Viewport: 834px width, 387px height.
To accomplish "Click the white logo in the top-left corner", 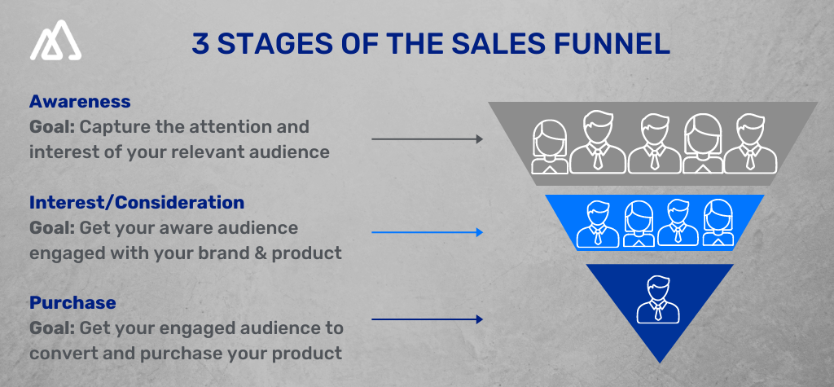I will point(56,44).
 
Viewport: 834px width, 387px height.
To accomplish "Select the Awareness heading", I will point(80,102).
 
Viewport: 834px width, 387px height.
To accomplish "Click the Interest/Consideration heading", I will point(136,202).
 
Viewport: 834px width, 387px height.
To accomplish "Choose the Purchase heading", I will point(72,302).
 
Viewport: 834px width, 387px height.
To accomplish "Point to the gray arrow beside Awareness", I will point(427,139).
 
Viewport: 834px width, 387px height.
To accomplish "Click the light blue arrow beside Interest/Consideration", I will point(427,233).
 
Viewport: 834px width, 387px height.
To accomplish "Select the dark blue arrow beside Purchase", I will point(427,319).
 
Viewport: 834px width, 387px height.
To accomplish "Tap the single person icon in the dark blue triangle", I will point(658,299).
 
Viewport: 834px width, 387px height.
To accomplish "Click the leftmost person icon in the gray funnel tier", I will point(550,147).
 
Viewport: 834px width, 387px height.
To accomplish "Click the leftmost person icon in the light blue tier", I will point(597,223).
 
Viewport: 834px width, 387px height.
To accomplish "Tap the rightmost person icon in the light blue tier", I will point(718,223).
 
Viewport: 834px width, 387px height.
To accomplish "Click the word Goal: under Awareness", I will point(52,128).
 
